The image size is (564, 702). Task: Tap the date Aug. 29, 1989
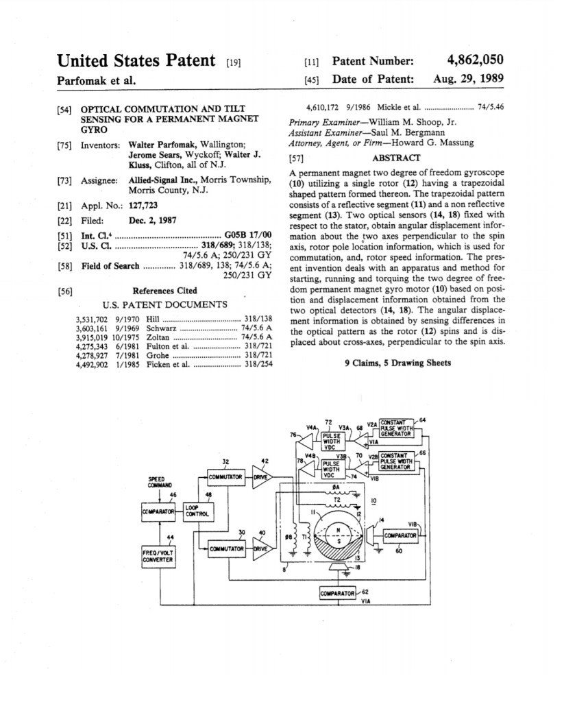tap(468, 79)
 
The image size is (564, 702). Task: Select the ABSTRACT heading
tap(395, 158)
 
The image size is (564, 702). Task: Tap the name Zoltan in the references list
tap(162, 337)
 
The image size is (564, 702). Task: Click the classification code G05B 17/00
tap(248, 234)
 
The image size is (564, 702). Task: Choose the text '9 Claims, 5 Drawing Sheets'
tap(397, 363)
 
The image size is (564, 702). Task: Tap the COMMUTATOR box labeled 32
tap(225, 476)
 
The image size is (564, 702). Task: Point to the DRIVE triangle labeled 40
tap(261, 548)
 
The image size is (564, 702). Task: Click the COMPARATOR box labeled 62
tap(338, 592)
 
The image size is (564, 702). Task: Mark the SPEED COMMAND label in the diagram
tap(160, 481)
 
